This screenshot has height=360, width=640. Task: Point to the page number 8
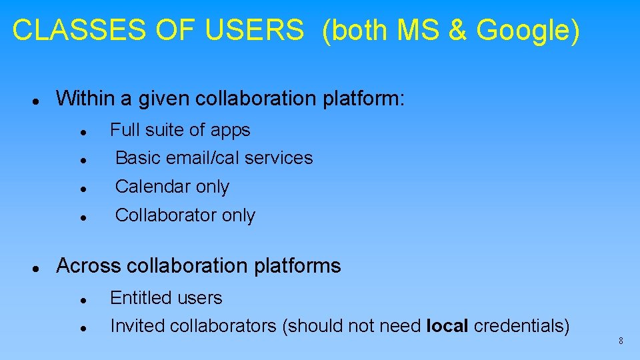coord(621,341)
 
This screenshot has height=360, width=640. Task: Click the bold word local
coord(449,326)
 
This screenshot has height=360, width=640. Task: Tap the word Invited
coord(137,326)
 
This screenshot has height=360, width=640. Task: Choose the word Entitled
coord(138,298)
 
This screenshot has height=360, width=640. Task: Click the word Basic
coord(138,158)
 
